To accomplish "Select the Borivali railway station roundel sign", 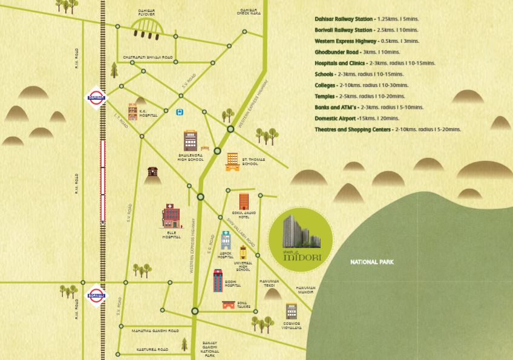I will (96, 296).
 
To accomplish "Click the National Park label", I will (372, 262).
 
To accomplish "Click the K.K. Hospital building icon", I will (132, 112).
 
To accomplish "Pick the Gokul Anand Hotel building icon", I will (244, 202).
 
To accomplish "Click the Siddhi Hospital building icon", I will (218, 281).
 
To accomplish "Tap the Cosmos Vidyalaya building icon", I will (291, 312).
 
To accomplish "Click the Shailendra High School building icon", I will (191, 141).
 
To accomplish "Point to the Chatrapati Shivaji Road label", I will (148, 57).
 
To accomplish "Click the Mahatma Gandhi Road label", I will (155, 331).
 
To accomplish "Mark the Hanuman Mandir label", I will (305, 290).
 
